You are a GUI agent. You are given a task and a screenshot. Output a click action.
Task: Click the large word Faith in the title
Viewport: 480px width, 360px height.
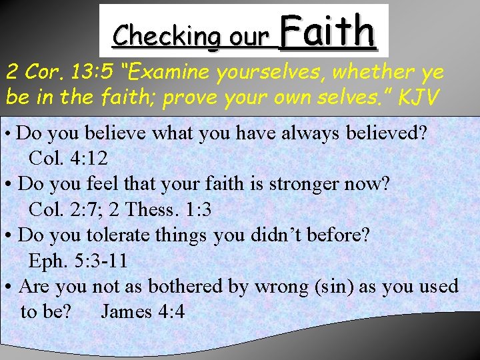click(327, 32)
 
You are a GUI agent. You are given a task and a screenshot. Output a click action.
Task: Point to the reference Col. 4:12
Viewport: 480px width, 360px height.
click(69, 159)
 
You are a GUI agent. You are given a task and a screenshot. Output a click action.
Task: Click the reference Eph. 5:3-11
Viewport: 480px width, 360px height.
click(78, 261)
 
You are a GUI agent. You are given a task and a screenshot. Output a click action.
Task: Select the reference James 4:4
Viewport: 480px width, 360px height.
click(143, 311)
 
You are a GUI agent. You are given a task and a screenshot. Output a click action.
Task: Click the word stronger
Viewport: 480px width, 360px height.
click(306, 184)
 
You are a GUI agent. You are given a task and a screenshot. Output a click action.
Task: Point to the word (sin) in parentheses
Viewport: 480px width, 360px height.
click(329, 287)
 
